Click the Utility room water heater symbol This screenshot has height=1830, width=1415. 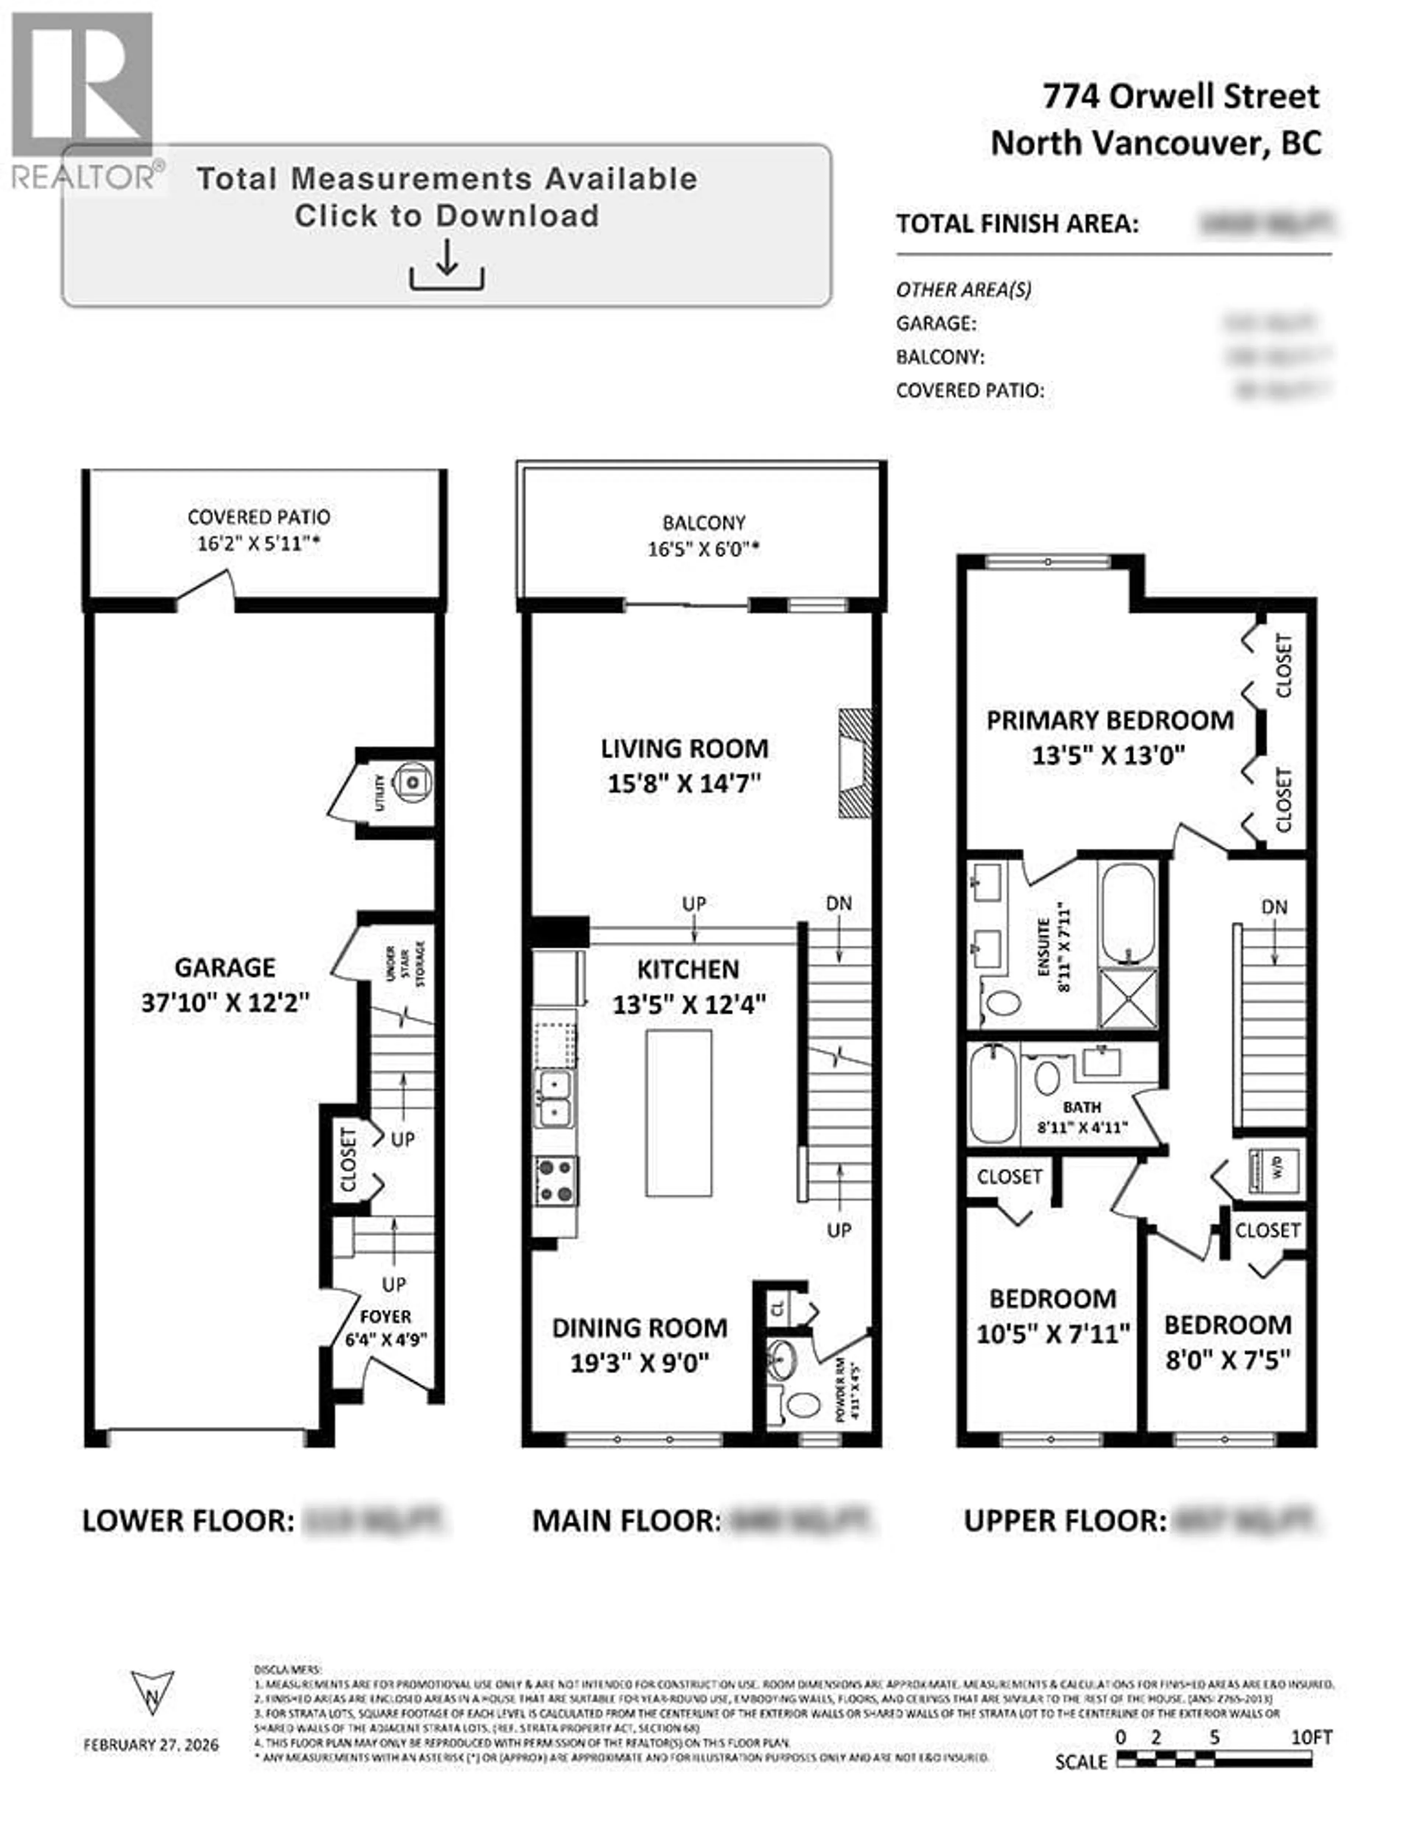(412, 782)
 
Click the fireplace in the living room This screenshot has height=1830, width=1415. (855, 762)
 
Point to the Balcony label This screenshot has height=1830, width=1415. (703, 523)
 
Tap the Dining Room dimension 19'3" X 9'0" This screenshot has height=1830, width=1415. (640, 1363)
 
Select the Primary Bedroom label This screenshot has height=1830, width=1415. (1109, 721)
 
